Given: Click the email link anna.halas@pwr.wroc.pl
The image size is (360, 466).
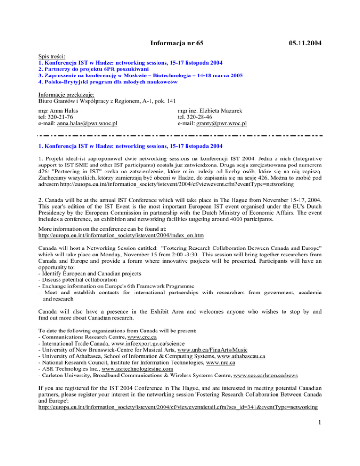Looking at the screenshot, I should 87,124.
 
